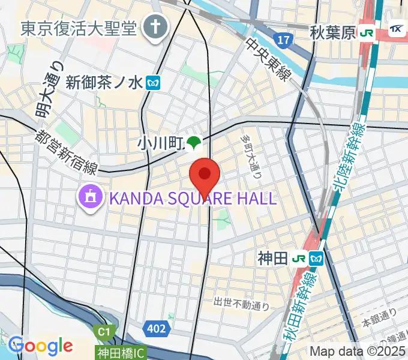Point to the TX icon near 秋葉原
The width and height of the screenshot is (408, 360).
(x=397, y=31)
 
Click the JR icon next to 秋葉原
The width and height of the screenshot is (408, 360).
(x=367, y=33)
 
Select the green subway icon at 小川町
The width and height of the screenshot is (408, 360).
(x=193, y=143)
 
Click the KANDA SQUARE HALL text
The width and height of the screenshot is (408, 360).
(x=192, y=197)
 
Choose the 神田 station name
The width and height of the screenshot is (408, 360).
(x=272, y=259)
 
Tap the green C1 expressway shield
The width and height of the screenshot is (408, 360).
(x=104, y=331)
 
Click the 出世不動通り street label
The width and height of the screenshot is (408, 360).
(x=242, y=305)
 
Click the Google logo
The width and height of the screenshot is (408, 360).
(x=40, y=346)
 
